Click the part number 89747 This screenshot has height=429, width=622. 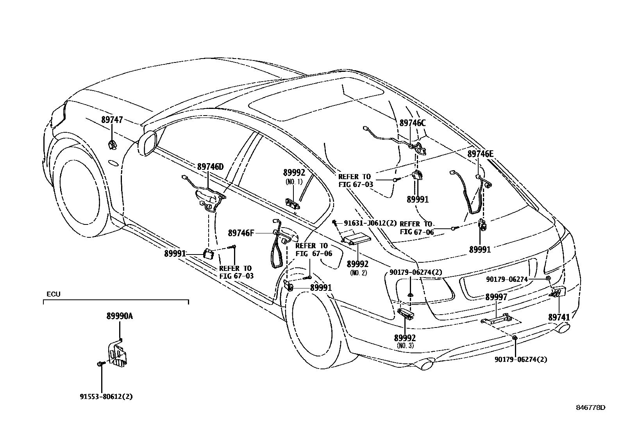click(x=112, y=120)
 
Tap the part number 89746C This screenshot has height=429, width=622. click(x=412, y=123)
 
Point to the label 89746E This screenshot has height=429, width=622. click(x=481, y=154)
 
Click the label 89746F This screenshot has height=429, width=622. click(x=241, y=233)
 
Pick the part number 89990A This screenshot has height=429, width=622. click(x=120, y=316)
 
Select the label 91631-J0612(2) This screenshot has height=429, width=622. click(x=370, y=223)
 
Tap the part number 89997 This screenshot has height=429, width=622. click(x=496, y=297)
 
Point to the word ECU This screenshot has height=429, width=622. click(x=54, y=294)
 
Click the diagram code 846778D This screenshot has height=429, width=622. click(x=590, y=408)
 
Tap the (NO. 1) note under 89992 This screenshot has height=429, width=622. click(x=294, y=182)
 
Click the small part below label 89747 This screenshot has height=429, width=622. click(x=112, y=145)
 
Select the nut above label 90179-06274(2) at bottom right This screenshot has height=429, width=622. click(x=515, y=337)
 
